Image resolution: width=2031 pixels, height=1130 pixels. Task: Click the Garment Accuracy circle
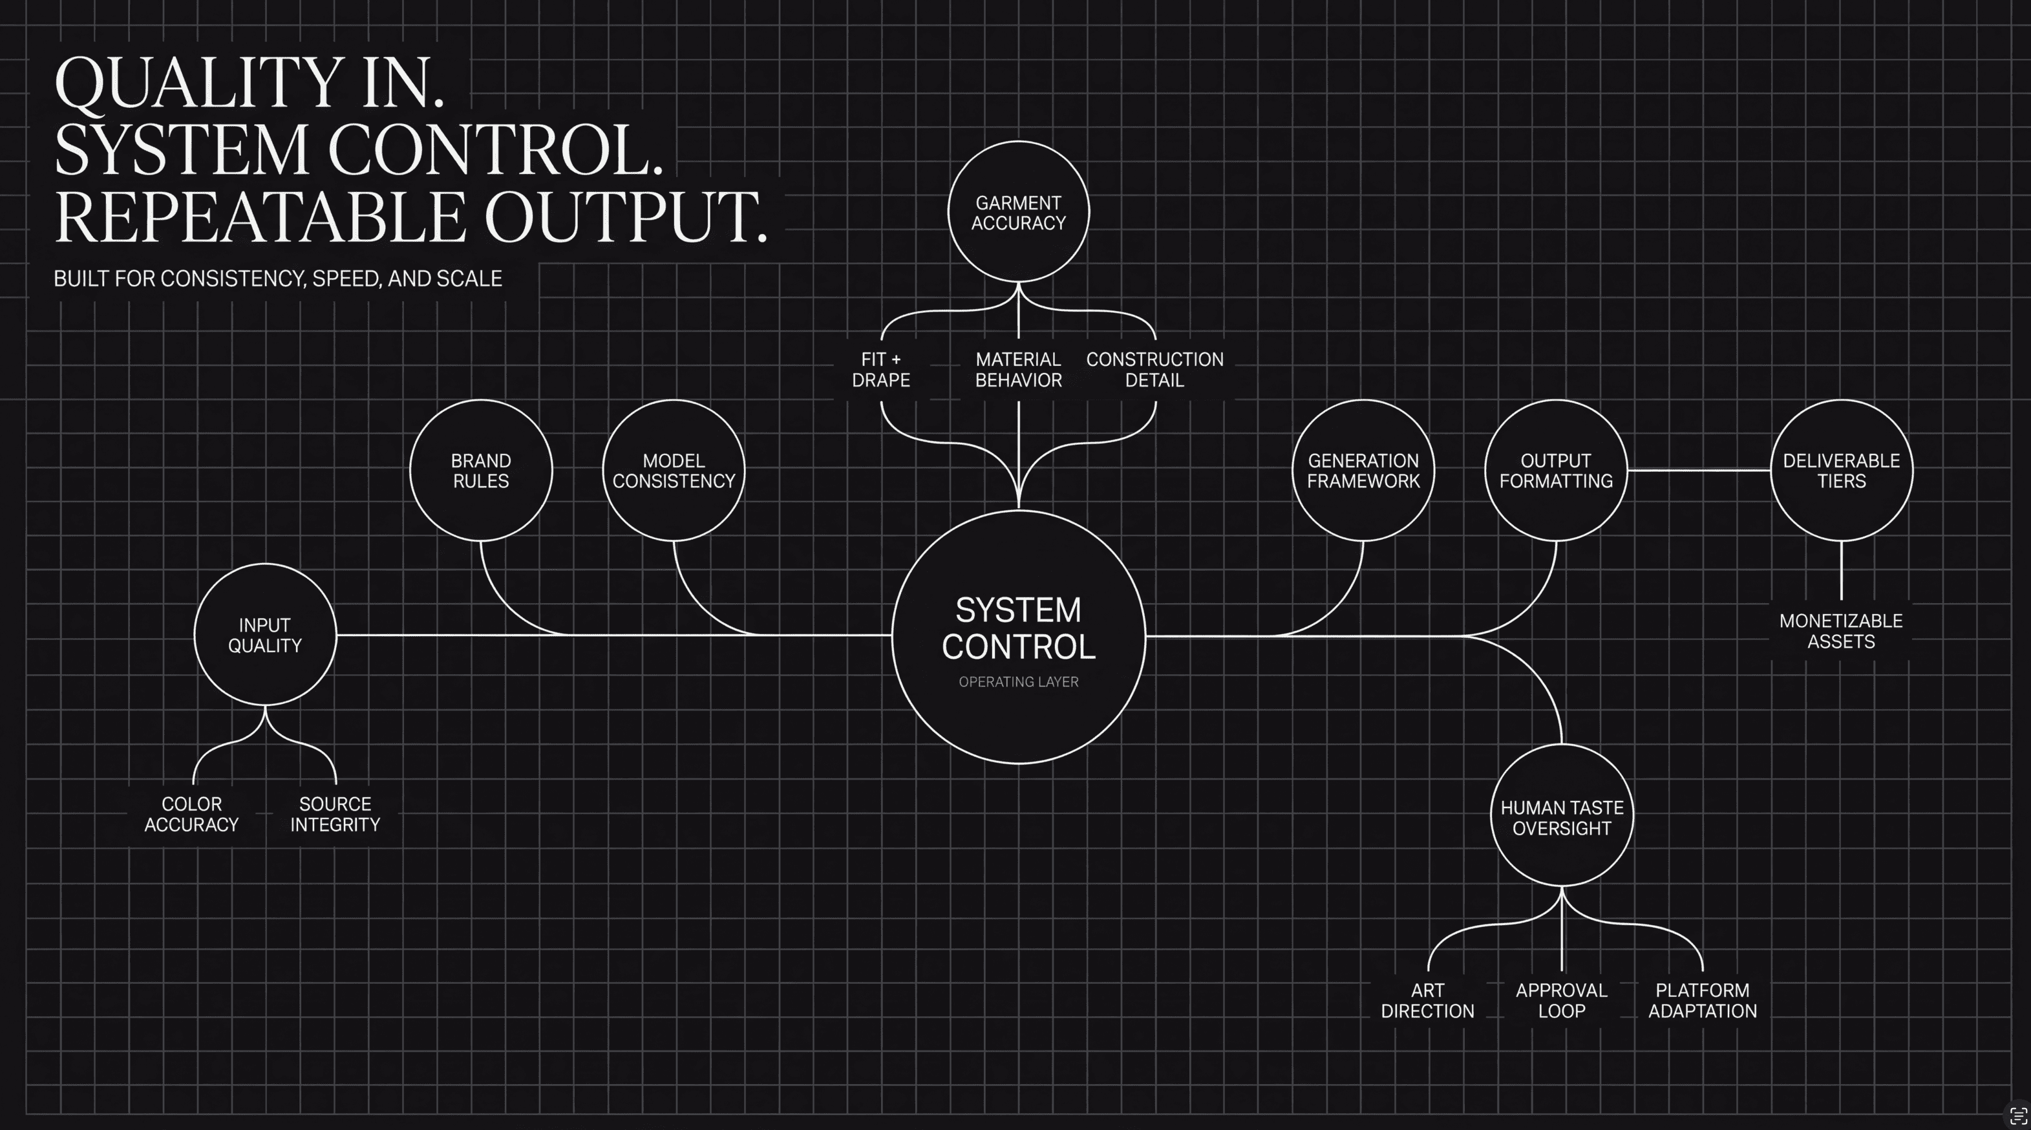1018,212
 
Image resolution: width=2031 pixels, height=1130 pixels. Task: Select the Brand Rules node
481,471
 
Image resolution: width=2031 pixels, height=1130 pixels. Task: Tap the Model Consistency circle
674,471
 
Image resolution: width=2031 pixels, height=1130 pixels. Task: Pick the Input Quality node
265,635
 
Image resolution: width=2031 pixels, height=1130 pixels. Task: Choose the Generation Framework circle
1363,471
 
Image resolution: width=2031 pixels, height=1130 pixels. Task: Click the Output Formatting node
1556,471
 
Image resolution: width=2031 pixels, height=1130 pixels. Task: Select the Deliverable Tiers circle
1841,471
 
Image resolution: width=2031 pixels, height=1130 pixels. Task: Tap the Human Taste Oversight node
1561,817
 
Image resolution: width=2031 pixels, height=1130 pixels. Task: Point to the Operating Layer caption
1018,682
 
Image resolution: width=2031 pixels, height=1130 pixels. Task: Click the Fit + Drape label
880,370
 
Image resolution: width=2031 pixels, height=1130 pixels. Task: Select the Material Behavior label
1018,370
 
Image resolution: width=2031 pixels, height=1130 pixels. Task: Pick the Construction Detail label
1154,370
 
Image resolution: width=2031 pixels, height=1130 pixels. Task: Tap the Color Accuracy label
191,815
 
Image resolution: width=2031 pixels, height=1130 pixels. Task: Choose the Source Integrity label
335,815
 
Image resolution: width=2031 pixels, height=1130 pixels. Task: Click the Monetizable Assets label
1841,631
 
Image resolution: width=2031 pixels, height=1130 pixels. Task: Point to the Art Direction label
1427,1001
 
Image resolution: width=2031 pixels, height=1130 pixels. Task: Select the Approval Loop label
1561,1001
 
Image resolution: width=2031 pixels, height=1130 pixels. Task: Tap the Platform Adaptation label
1702,1001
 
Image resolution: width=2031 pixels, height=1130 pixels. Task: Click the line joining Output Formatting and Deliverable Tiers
1698,471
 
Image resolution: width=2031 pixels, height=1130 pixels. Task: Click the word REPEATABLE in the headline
261,218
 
